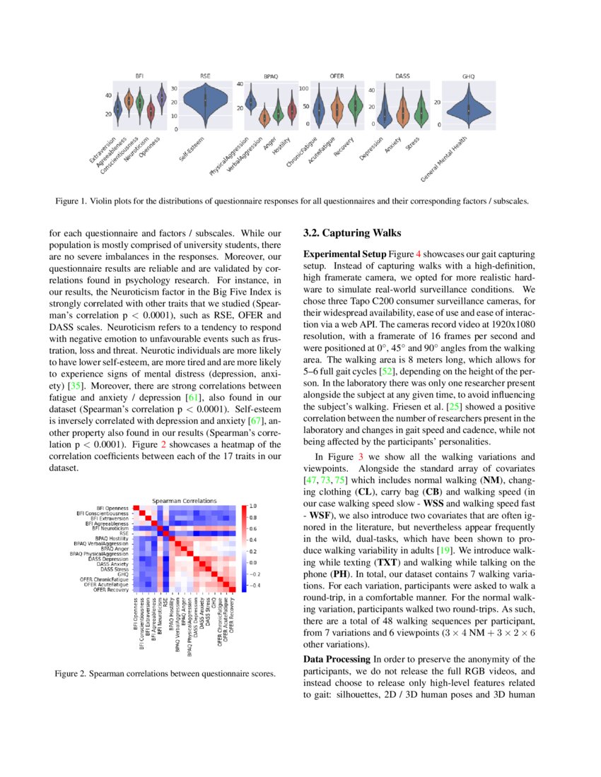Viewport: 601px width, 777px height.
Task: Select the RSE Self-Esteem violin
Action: (x=204, y=101)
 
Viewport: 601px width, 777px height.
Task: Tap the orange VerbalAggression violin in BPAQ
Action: (x=264, y=114)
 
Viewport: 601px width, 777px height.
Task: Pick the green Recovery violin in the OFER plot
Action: (x=356, y=107)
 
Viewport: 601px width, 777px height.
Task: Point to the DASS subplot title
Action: (x=402, y=76)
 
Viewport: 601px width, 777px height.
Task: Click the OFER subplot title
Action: (x=337, y=76)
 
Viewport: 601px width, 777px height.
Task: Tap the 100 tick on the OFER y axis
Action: (x=305, y=89)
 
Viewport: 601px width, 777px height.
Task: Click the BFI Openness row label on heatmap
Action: (x=112, y=508)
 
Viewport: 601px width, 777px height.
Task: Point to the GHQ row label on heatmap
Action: (x=123, y=574)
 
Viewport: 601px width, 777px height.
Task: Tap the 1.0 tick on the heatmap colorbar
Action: (x=253, y=506)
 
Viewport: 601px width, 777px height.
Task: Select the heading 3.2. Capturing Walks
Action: (x=351, y=233)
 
